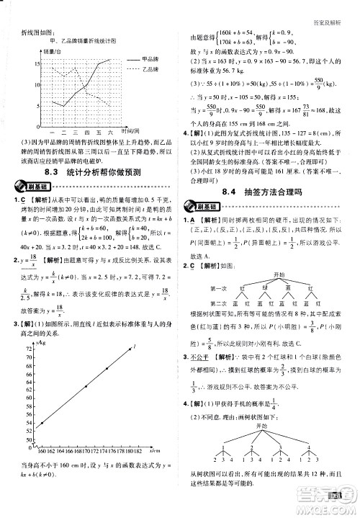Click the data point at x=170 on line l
(86, 386)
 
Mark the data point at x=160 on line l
(42, 423)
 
